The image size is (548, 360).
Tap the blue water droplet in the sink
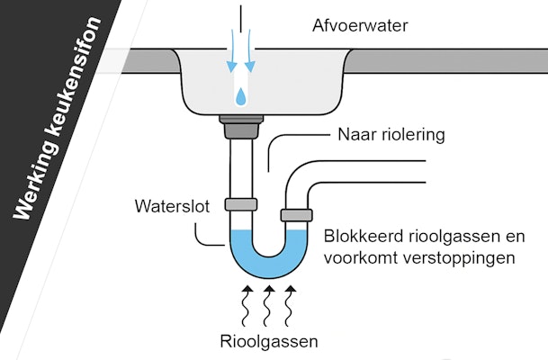click(x=241, y=96)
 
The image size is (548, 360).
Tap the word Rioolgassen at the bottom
click(x=269, y=341)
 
